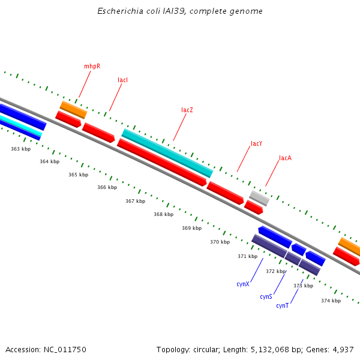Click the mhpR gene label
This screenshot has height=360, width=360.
click(x=92, y=66)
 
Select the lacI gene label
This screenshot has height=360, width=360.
click(x=122, y=80)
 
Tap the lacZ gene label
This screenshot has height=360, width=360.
click(x=187, y=110)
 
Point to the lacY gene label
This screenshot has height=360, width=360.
click(x=256, y=144)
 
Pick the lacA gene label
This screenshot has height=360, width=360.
click(x=285, y=158)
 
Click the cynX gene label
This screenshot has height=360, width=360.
click(x=242, y=284)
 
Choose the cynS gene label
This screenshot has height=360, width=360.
click(x=266, y=297)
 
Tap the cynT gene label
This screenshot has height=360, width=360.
click(x=282, y=306)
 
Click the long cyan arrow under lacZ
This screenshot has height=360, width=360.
click(x=167, y=153)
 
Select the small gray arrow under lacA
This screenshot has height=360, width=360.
click(x=259, y=197)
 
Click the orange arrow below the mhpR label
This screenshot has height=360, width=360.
click(x=73, y=110)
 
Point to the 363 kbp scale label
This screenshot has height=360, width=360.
click(x=20, y=149)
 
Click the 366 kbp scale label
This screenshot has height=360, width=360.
click(x=107, y=188)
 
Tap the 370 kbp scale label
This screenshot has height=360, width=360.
click(x=220, y=242)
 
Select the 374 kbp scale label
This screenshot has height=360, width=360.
click(x=331, y=301)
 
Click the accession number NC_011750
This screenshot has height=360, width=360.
click(x=64, y=349)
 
